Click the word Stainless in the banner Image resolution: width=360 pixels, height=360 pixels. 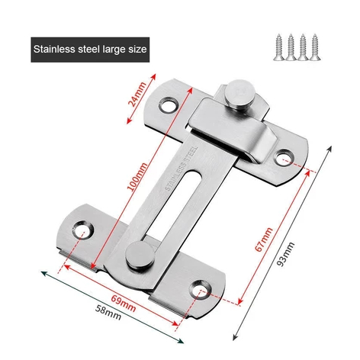54,51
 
